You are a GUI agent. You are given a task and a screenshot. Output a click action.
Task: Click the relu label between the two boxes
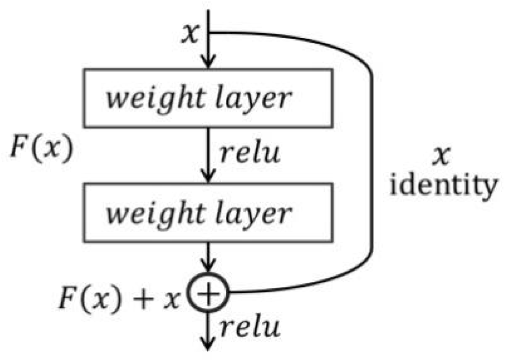point(249,154)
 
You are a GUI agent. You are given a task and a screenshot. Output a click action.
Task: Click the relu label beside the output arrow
point(249,327)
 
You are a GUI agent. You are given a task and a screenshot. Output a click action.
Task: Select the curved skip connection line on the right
point(371,161)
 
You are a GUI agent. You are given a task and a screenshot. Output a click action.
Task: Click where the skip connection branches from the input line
point(210,33)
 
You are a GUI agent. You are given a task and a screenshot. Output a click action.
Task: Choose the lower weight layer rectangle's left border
point(83,212)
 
